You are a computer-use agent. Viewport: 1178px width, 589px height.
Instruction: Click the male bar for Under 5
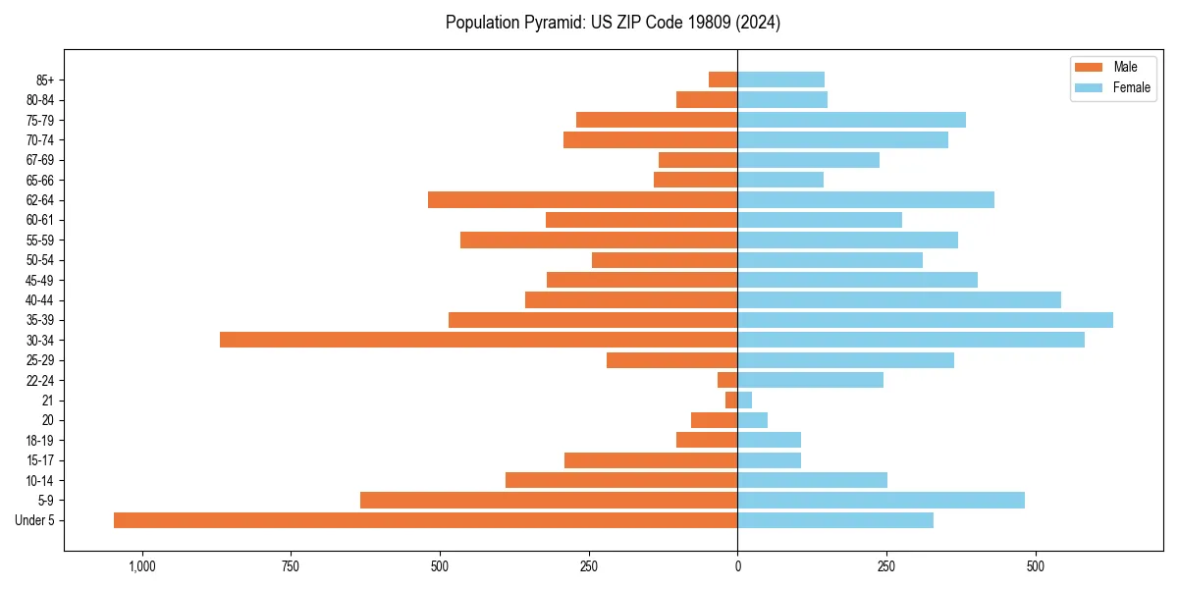[425, 520]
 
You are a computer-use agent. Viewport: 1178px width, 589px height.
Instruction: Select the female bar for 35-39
[925, 320]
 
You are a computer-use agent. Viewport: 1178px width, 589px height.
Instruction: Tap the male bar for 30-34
[478, 340]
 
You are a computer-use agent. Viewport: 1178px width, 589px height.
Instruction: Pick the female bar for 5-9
[881, 501]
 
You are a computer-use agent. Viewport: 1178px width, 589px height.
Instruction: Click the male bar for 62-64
[582, 200]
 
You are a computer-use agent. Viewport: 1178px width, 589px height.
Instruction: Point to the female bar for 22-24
[810, 380]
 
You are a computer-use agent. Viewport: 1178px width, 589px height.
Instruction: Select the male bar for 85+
[723, 80]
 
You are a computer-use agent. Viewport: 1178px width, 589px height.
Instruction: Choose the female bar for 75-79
[851, 120]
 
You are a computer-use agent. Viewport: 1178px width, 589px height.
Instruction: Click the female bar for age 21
[744, 401]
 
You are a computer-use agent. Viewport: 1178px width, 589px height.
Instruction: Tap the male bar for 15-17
[651, 460]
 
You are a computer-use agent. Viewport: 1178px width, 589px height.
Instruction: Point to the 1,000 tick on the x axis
[142, 566]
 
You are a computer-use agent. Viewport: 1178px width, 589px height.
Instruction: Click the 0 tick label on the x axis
[737, 566]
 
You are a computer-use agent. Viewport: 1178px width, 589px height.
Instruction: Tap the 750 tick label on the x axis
[291, 566]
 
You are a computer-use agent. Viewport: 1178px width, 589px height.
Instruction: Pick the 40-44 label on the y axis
[40, 300]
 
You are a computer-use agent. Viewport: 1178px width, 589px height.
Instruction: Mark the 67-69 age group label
[40, 160]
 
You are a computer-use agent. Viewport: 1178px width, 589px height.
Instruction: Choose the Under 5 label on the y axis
[35, 520]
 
